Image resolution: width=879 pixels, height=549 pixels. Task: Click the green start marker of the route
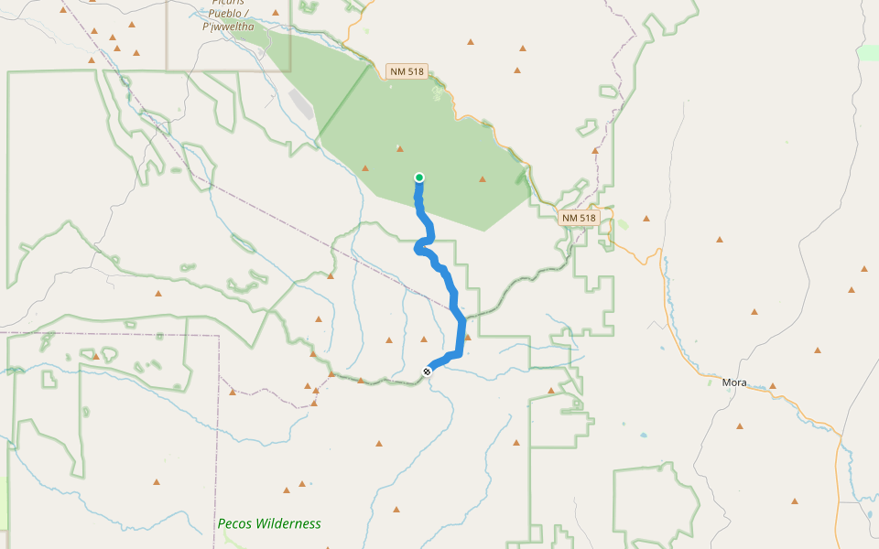419,178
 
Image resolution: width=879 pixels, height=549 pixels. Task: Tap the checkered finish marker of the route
427,371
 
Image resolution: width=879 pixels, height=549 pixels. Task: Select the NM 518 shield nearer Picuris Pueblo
407,71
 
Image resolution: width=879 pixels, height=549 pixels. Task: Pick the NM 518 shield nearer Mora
580,218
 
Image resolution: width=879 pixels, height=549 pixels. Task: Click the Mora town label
734,382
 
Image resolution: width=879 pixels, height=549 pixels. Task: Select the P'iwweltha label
228,27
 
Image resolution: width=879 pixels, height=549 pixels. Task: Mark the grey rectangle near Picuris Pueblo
301,103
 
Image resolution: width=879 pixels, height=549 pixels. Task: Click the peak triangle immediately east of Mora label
773,386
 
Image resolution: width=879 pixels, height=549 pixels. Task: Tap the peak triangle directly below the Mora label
739,425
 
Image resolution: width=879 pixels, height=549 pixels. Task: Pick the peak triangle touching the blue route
467,337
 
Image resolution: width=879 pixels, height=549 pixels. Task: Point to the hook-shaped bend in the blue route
420,247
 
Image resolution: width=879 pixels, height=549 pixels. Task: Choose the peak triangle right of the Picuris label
275,13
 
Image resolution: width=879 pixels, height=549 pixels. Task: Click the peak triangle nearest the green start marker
399,148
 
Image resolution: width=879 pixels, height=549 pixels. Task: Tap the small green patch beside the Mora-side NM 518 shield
623,224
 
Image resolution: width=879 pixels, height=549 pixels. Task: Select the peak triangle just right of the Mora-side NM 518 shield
646,219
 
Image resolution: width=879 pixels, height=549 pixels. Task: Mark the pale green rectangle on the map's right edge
868,53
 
